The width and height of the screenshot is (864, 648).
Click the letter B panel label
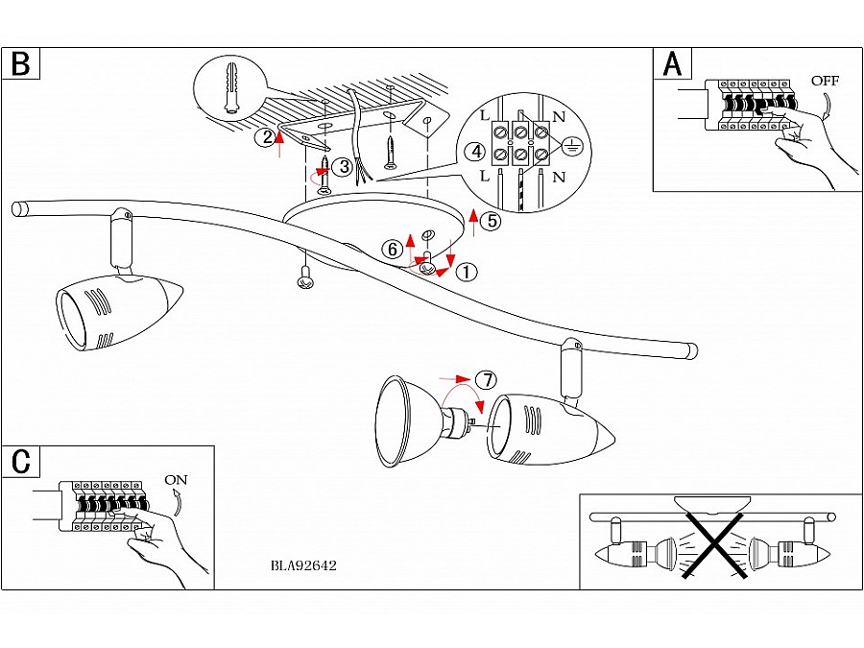click(21, 63)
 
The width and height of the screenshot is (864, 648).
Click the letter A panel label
click(673, 63)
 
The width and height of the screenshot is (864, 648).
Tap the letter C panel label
click(21, 461)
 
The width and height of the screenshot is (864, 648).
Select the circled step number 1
click(466, 272)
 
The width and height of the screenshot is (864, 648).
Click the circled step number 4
click(473, 152)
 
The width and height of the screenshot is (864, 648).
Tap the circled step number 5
click(491, 221)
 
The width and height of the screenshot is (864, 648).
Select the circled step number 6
click(391, 249)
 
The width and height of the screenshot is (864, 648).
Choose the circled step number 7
click(487, 380)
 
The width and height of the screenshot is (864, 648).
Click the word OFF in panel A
click(825, 81)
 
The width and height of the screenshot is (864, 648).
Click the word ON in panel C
click(176, 479)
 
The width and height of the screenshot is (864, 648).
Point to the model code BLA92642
click(304, 565)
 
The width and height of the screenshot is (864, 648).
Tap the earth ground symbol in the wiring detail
click(570, 147)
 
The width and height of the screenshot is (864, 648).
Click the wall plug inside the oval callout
click(231, 88)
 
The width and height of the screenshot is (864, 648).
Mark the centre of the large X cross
click(714, 545)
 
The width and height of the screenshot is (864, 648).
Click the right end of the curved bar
click(690, 351)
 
